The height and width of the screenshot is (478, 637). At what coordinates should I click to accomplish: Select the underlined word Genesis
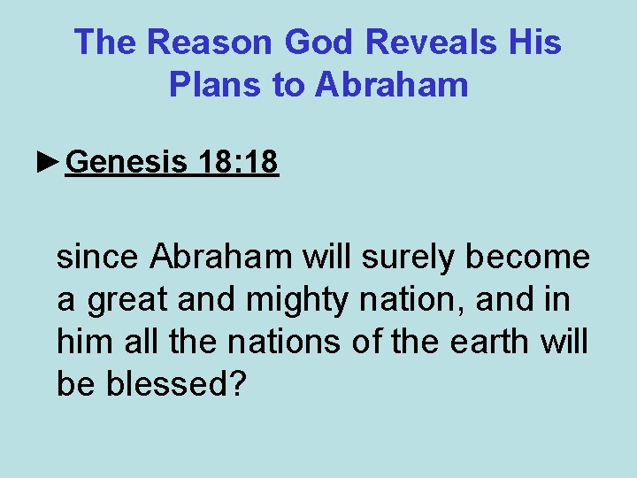click(127, 162)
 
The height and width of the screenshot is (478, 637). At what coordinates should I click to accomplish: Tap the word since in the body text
click(98, 257)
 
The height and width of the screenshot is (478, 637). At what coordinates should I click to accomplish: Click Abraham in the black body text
click(220, 257)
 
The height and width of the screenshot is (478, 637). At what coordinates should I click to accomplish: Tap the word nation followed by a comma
click(406, 299)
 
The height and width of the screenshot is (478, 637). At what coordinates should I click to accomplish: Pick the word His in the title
click(535, 42)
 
